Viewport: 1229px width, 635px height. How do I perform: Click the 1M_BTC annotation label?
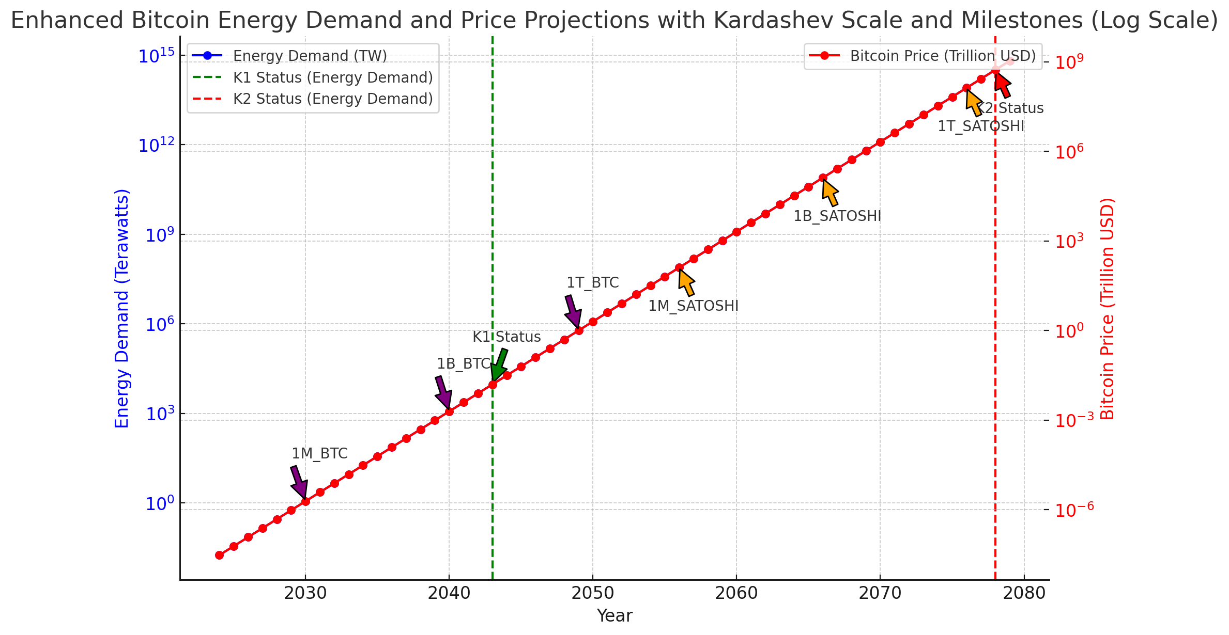319,454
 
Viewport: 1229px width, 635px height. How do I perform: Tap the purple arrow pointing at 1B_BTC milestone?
443,392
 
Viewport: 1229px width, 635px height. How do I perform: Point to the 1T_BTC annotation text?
592,283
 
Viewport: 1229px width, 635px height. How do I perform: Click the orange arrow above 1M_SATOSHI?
686,282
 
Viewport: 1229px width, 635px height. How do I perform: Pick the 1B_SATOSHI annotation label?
837,216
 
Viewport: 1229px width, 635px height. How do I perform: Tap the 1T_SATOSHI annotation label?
980,126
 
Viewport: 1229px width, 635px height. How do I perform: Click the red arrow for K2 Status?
1002,85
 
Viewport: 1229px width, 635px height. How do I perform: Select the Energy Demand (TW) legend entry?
310,56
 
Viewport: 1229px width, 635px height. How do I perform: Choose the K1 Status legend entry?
332,77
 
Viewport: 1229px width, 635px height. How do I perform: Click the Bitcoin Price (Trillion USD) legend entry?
943,56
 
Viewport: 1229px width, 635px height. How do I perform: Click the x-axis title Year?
614,616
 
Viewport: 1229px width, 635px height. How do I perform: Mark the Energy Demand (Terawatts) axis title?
122,308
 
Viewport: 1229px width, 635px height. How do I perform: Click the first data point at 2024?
219,555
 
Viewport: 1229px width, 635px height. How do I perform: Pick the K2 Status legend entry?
332,99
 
